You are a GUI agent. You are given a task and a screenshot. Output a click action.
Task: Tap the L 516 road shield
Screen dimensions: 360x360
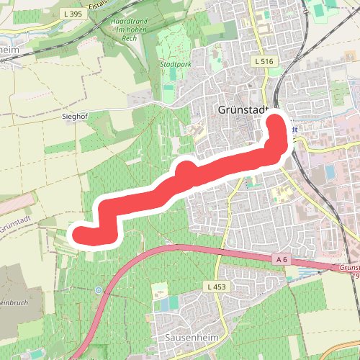(x=264, y=62)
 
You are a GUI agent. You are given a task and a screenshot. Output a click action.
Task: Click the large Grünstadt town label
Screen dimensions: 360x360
(x=242, y=110)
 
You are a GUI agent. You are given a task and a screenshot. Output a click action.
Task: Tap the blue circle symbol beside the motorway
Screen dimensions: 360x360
(x=97, y=290)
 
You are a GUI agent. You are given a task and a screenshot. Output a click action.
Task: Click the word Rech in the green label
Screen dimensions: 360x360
(x=131, y=37)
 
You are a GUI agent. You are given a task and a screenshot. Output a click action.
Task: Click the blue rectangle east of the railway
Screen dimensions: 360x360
(x=330, y=173)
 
